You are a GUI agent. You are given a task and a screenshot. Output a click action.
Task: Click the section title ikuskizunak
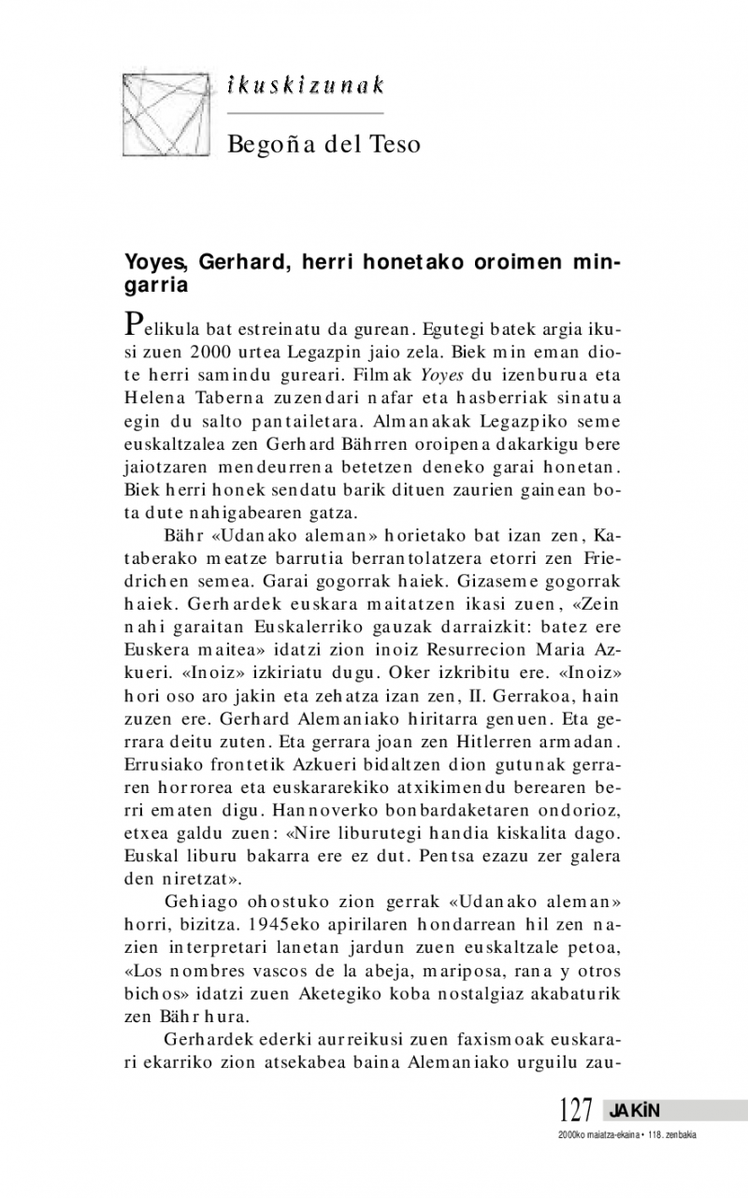tap(306, 86)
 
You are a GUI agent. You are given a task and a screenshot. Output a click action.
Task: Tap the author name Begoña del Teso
tap(324, 144)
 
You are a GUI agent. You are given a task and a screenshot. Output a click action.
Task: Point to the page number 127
tap(576, 1111)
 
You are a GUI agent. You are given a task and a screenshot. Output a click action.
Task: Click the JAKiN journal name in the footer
tap(635, 1111)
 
